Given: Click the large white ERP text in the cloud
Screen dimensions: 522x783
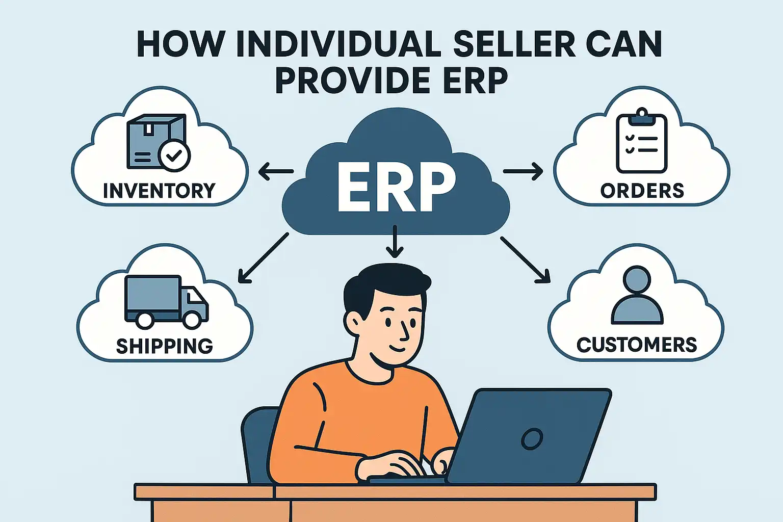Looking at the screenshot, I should click(x=396, y=188).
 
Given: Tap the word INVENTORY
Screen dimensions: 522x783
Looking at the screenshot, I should click(x=159, y=191).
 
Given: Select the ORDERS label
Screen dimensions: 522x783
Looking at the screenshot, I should click(x=642, y=191).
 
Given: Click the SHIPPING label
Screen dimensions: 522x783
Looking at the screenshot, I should click(x=164, y=346).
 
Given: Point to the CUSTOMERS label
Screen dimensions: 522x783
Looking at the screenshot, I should click(x=637, y=345).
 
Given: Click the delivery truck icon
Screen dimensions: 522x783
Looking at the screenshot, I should click(x=166, y=302).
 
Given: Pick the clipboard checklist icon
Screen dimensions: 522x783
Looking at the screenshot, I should click(x=641, y=142).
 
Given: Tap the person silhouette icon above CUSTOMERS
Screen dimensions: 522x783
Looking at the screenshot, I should click(x=637, y=296).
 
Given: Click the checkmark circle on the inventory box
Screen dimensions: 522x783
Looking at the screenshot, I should click(x=174, y=155).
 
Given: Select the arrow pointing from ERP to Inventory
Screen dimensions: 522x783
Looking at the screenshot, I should click(x=276, y=171).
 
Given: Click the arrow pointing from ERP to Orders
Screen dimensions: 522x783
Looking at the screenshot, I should click(x=523, y=171).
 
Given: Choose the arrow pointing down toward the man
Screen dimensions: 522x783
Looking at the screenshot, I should click(x=395, y=244).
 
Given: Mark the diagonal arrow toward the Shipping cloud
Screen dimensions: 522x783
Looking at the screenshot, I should click(x=263, y=258).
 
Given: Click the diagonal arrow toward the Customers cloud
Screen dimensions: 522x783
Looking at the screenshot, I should click(x=526, y=259).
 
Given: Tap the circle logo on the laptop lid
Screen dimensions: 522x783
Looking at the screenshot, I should click(x=532, y=438).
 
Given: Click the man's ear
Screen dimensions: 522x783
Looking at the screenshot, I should click(x=353, y=323).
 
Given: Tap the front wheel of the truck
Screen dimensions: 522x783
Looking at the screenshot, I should click(x=192, y=320).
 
